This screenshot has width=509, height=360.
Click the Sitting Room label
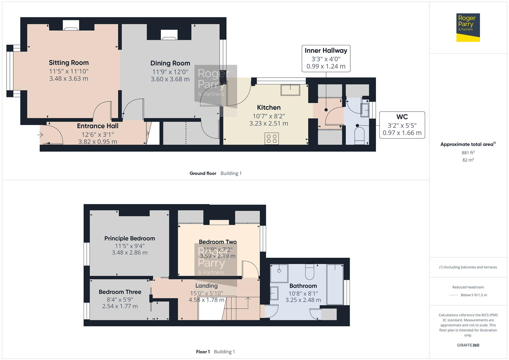[69, 63]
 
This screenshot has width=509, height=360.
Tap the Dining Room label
[170, 63]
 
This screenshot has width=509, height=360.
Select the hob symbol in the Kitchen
[272, 138]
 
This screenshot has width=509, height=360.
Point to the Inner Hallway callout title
[326, 51]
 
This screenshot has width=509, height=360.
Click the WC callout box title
[402, 117]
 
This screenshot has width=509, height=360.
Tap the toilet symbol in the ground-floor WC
[359, 136]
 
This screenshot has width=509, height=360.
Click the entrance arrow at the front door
[40, 135]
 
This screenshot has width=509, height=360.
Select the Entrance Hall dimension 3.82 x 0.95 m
[98, 142]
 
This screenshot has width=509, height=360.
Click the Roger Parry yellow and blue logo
[468, 28]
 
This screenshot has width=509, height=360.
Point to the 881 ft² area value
[468, 153]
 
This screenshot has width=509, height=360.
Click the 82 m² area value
[468, 160]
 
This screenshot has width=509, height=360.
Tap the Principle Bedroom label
[129, 239]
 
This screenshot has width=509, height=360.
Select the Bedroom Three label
[120, 292]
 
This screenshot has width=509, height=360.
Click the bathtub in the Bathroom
[335, 284]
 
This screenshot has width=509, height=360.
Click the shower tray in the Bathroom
[279, 272]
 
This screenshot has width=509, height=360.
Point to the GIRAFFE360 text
[468, 345]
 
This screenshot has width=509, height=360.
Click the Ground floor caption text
[203, 173]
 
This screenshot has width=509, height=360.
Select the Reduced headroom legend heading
[468, 287]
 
